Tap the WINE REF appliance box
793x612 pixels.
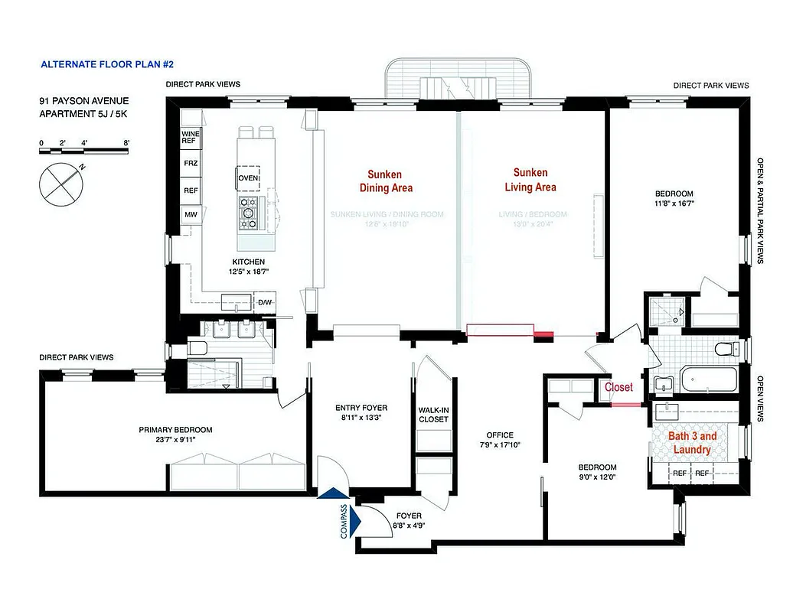coord(191,138)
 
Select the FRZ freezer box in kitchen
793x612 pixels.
coord(191,164)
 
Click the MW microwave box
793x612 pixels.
coord(190,216)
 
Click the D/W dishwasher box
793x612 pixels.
coord(265,303)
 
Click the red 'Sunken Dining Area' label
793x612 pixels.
coord(386,181)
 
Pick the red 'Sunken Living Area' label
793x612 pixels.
coord(530,180)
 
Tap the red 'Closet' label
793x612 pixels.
coord(618,388)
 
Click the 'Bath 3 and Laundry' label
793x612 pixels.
coord(693,443)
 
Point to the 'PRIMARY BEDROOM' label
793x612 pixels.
coord(175,430)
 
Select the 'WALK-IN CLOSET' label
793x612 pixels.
coord(433,415)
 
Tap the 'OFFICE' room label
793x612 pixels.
coord(501,435)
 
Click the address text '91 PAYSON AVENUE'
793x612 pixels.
coord(84,101)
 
